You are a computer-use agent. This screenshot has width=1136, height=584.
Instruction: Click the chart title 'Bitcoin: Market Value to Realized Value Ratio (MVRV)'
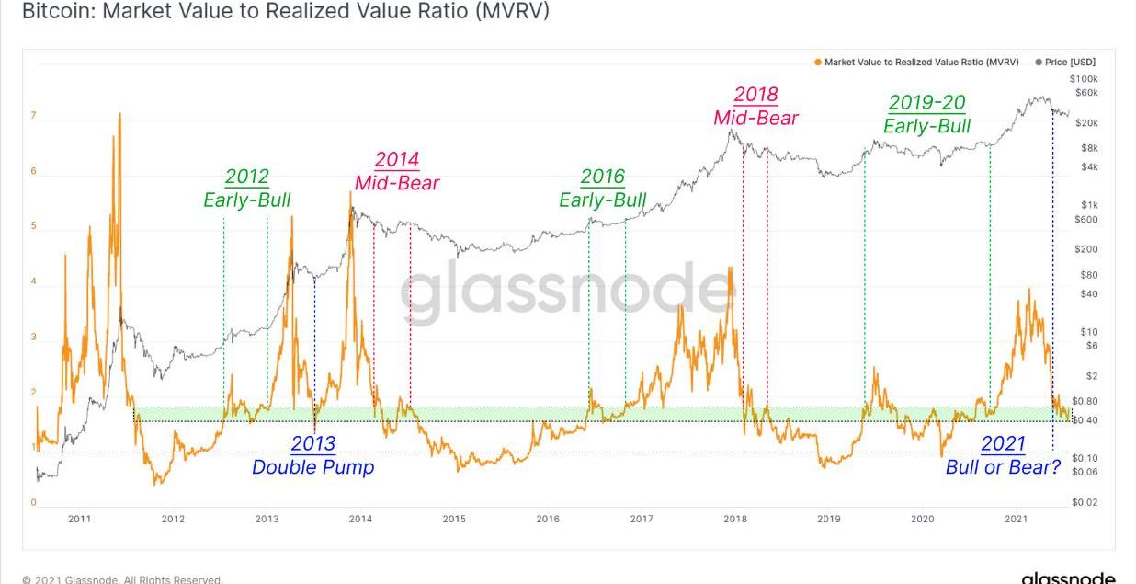point(286,12)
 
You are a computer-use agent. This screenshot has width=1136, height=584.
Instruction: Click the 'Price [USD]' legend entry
point(1069,63)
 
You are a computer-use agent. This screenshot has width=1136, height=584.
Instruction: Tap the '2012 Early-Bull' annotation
point(246,189)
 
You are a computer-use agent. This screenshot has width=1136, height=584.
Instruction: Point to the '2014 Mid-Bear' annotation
point(397,171)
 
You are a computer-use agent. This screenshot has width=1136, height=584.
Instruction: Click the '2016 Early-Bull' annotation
point(602,189)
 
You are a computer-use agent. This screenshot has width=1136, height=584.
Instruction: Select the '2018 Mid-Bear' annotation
point(755,106)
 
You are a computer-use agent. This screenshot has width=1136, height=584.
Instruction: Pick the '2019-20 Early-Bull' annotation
point(926,115)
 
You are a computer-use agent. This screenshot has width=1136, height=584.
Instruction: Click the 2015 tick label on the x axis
point(454,520)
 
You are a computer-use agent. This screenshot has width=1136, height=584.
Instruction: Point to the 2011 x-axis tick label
point(80,520)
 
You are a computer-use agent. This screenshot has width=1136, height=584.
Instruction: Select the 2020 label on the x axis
point(922,520)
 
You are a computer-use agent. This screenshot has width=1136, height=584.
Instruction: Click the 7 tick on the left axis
point(34,116)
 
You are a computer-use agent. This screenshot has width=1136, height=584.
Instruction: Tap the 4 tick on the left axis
point(34,282)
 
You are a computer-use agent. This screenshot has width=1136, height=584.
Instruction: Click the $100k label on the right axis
point(1084,79)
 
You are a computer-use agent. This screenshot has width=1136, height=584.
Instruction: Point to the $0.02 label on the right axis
point(1085,502)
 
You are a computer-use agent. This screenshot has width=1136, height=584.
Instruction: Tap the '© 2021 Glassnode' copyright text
point(122,579)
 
